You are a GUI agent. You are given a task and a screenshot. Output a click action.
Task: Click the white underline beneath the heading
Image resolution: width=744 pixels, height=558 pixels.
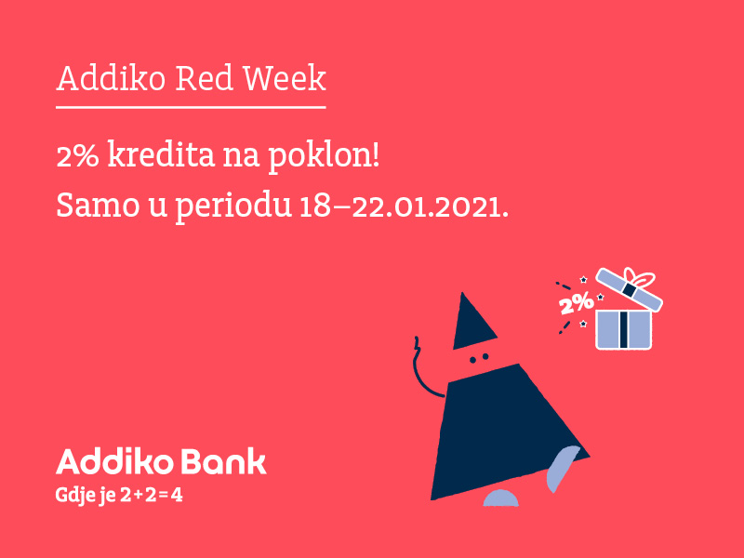point(191,107)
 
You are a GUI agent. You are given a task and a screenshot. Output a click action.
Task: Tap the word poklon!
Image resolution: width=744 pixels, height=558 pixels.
point(325,157)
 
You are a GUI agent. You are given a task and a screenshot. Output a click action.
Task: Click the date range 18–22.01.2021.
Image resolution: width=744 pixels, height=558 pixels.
point(405,206)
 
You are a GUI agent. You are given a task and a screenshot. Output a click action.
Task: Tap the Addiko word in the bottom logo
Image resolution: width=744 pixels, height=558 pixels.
point(113,461)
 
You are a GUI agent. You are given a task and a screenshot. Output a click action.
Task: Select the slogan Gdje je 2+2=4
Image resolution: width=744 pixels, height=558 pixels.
point(120,496)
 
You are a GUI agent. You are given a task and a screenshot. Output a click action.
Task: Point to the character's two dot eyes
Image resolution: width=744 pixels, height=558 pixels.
point(479,358)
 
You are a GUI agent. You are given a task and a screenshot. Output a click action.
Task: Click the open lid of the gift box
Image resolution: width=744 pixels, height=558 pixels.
point(629,289)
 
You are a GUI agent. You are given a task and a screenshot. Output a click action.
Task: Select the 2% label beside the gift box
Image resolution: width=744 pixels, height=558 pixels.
point(577,302)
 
